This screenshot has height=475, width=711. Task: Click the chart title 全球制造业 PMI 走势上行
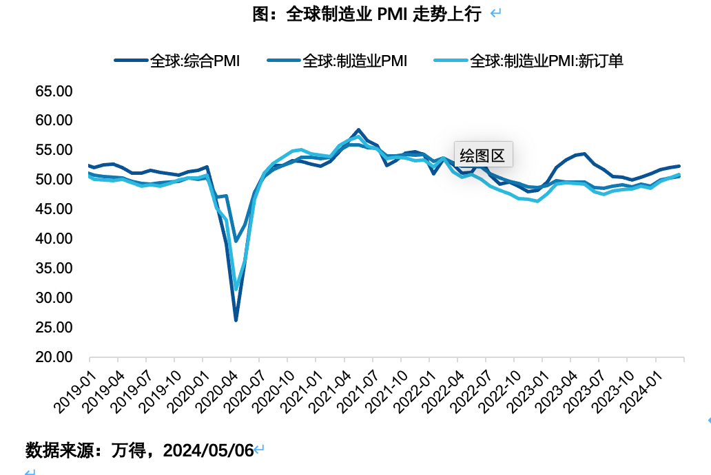[384, 14]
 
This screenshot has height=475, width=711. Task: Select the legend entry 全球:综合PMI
[177, 61]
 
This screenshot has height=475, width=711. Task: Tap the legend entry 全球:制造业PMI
[337, 61]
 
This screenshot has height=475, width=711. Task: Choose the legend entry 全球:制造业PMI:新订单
[528, 61]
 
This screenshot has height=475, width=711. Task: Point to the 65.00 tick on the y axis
[54, 91]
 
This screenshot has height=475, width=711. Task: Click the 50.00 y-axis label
[54, 180]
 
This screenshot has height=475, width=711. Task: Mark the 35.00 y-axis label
[54, 268]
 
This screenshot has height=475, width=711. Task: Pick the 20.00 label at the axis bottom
[54, 357]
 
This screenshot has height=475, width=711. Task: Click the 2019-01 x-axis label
[75, 392]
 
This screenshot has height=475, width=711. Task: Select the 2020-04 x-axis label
[217, 392]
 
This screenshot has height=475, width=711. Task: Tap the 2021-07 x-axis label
[358, 392]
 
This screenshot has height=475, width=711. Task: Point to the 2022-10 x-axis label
[499, 392]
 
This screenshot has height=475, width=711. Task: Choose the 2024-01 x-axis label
[641, 392]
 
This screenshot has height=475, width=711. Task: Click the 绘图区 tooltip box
[484, 155]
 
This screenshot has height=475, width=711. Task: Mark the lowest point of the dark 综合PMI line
[236, 320]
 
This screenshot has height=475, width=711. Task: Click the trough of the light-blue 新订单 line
[236, 288]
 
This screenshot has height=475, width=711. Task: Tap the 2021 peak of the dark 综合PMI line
[358, 130]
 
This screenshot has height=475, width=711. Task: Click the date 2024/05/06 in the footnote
[208, 450]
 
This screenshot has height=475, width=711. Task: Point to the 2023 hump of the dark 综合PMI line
[584, 154]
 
